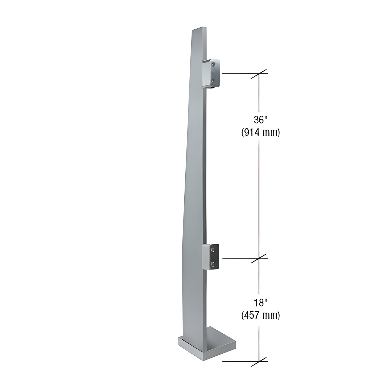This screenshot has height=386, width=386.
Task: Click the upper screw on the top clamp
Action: [213, 64]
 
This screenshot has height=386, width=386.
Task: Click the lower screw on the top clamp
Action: [213, 80]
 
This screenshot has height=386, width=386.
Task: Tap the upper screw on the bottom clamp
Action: [213, 249]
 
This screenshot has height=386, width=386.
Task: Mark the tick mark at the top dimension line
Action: [259, 74]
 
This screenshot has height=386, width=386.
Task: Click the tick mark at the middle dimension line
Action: [259, 258]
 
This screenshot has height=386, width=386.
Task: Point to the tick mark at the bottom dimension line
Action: [259, 361]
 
